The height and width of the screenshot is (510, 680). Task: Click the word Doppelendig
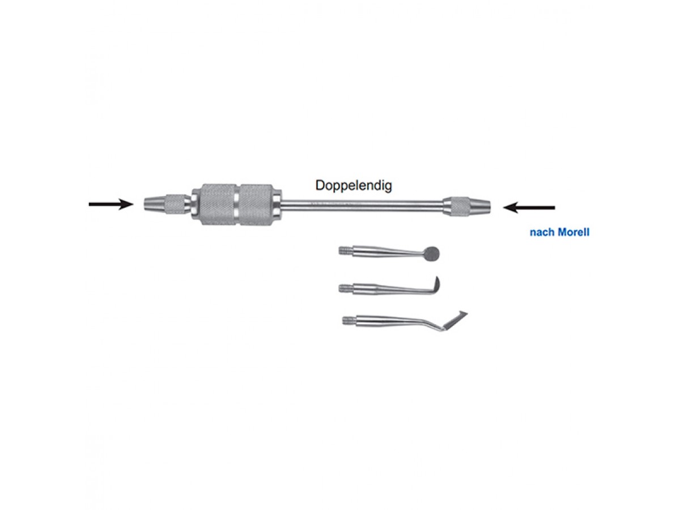click(353, 186)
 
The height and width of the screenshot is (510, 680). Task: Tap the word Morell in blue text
click(573, 232)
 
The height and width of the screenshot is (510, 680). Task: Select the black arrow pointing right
click(111, 204)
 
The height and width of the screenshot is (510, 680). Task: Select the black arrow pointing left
click(529, 207)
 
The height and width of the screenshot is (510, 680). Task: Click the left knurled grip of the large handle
click(218, 205)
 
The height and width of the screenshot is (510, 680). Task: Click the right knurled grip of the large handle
click(257, 205)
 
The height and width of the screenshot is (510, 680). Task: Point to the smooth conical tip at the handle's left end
click(154, 204)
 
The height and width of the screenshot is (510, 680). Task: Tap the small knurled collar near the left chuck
click(175, 204)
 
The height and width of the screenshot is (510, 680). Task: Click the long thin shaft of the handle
click(362, 206)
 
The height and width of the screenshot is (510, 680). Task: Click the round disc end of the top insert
click(432, 254)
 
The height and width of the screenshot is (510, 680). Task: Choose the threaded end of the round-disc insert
click(346, 250)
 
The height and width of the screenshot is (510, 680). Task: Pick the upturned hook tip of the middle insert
click(436, 284)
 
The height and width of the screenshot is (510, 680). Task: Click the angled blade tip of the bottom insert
click(455, 320)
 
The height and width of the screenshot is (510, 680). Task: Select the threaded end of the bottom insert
click(350, 320)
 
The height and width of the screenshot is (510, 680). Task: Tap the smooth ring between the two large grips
click(237, 205)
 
